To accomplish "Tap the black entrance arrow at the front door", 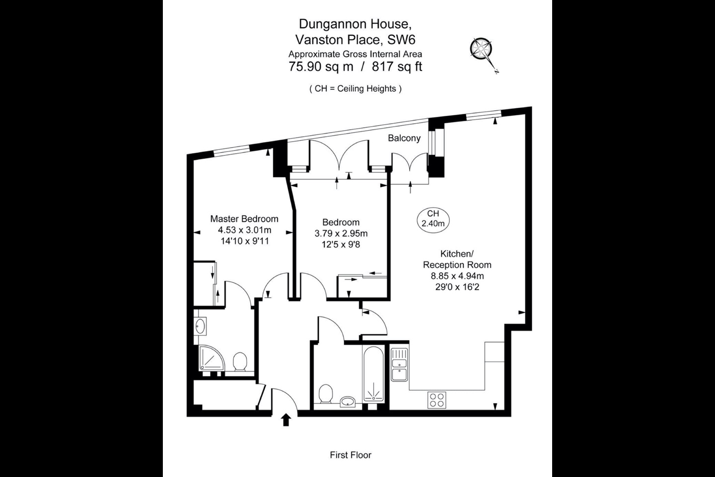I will click(x=286, y=420).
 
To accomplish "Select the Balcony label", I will click(x=404, y=138).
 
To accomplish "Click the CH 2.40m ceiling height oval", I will click(x=433, y=219).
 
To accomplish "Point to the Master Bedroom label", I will click(x=244, y=219).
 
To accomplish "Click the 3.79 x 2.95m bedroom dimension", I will click(x=341, y=233).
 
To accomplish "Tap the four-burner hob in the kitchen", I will click(x=437, y=400).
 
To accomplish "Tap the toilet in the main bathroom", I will click(x=326, y=395).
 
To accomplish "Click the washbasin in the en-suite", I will click(x=201, y=326).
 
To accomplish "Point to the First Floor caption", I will click(x=351, y=455).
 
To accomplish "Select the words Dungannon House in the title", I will click(x=355, y=23).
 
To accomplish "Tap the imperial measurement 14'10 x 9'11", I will click(x=244, y=241).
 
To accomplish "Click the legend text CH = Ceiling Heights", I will click(x=355, y=88).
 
